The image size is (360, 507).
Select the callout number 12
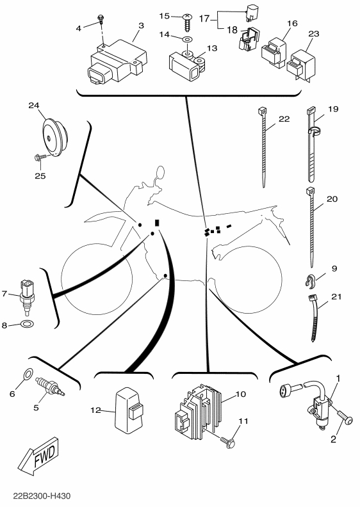(x=95, y=410)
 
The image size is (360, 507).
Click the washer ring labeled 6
(x=28, y=374)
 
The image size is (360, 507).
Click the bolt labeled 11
(x=228, y=442)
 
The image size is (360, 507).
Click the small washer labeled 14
(x=187, y=39)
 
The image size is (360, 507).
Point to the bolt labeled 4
(x=101, y=19)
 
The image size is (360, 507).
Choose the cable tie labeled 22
(x=263, y=148)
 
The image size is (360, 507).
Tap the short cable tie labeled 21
(x=314, y=318)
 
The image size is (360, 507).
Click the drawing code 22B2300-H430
(x=42, y=495)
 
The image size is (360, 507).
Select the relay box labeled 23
(x=302, y=67)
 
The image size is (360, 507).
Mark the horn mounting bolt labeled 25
(x=40, y=157)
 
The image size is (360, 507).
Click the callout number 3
(x=141, y=26)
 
